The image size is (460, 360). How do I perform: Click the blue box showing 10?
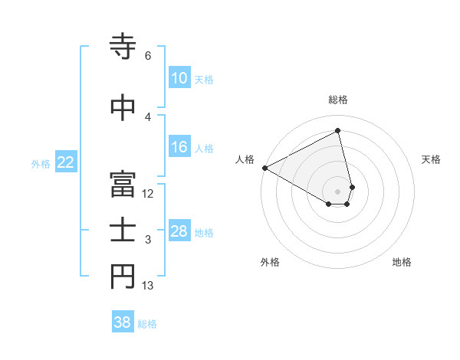tap(179, 79)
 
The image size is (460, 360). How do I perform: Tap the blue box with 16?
tap(179, 148)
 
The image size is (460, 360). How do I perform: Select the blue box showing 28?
tap(179, 231)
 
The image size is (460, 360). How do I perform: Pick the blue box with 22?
tap(66, 162)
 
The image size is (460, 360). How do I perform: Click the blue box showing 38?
tap(122, 322)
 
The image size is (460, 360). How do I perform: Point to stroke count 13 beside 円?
tap(148, 286)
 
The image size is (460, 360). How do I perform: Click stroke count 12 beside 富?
tap(148, 194)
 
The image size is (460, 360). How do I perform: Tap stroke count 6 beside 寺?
tap(147, 56)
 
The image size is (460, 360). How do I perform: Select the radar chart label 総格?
tap(337, 100)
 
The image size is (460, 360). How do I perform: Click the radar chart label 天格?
tap(432, 159)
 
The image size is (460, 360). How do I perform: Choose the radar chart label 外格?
tap(270, 262)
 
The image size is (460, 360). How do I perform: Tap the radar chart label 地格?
tap(402, 262)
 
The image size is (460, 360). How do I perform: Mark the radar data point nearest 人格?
tap(264, 167)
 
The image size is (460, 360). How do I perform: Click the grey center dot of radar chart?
tap(337, 190)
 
